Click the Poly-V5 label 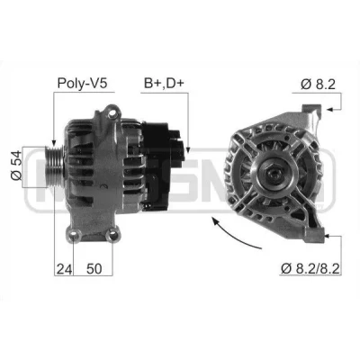click(82, 83)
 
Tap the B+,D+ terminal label click(164, 83)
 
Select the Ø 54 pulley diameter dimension click(16, 166)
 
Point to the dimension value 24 click(64, 269)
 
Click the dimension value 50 click(94, 269)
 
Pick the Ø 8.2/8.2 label click(310, 268)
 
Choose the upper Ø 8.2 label click(318, 85)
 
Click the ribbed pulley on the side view click(54, 166)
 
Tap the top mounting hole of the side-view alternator click(112, 113)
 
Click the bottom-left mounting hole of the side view click(74, 236)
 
